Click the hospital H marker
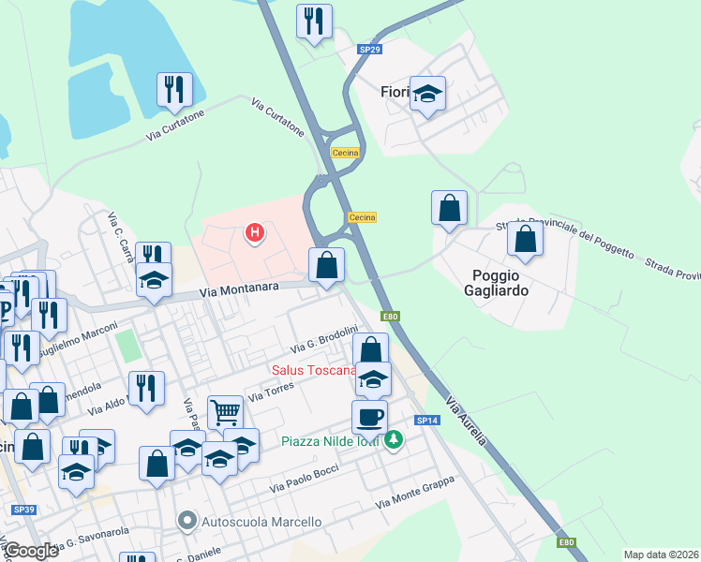click(x=253, y=232)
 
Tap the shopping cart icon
click(x=225, y=411)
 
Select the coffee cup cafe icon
click(x=369, y=417)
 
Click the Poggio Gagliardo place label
click(x=500, y=282)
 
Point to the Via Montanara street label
click(x=241, y=292)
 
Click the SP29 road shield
click(x=369, y=49)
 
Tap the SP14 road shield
click(x=427, y=421)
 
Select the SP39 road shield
click(x=23, y=510)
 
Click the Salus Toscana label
click(x=314, y=370)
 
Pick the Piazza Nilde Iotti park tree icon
click(x=395, y=438)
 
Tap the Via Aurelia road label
click(x=466, y=421)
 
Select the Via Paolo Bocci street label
click(x=303, y=478)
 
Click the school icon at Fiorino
click(x=427, y=93)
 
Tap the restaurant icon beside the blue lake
click(x=174, y=89)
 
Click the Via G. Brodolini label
click(x=324, y=339)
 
